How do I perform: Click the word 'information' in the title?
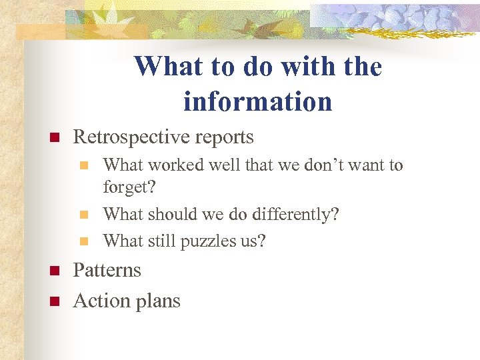257,101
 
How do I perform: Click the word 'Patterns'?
107,270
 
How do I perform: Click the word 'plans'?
157,301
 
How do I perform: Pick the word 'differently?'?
293,215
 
